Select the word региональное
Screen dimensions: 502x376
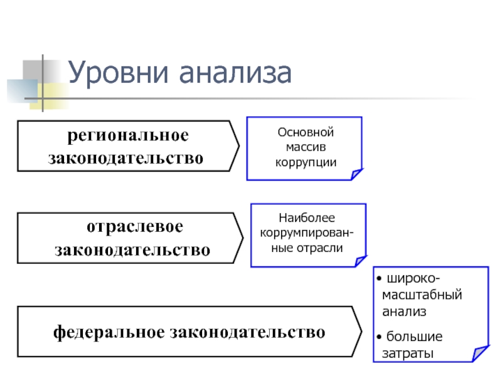(128, 135)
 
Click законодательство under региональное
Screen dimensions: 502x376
(127, 157)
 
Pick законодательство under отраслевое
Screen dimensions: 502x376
(132, 250)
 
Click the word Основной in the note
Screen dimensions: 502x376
(304, 132)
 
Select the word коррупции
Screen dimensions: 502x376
(304, 162)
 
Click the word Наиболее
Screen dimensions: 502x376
(307, 219)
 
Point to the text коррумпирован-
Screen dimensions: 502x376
(307, 233)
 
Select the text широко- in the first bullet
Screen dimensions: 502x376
(413, 278)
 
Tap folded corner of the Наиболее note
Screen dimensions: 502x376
(360, 261)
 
